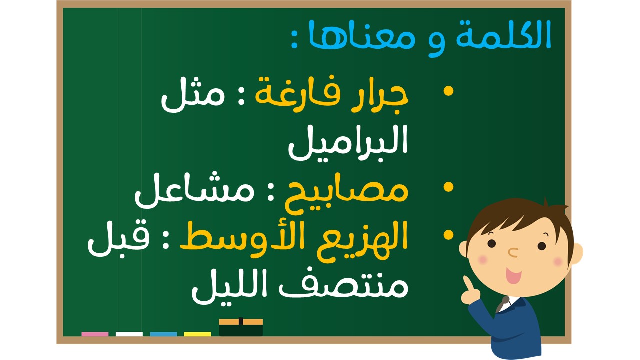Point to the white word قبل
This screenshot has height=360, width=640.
pyautogui.click(x=118, y=240)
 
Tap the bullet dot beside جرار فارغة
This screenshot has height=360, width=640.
pyautogui.click(x=448, y=91)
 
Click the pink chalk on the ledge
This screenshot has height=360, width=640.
pyautogui.click(x=95, y=334)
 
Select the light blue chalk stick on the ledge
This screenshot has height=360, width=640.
pyautogui.click(x=163, y=334)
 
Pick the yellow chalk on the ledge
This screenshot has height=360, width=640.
pyautogui.click(x=197, y=334)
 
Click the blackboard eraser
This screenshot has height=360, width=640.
pyautogui.click(x=241, y=327)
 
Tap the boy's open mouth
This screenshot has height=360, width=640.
pyautogui.click(x=514, y=275)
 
